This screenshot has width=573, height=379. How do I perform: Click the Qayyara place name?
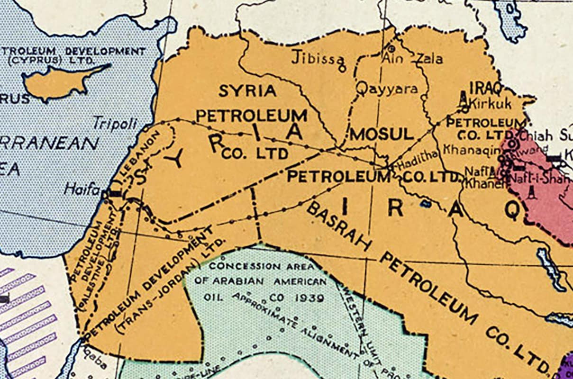387,89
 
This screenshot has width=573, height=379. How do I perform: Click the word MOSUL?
382,135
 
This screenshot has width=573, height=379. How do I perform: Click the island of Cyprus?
62,83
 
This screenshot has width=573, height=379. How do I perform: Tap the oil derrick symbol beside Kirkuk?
463,99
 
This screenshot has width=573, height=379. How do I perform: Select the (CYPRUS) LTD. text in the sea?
51,61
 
